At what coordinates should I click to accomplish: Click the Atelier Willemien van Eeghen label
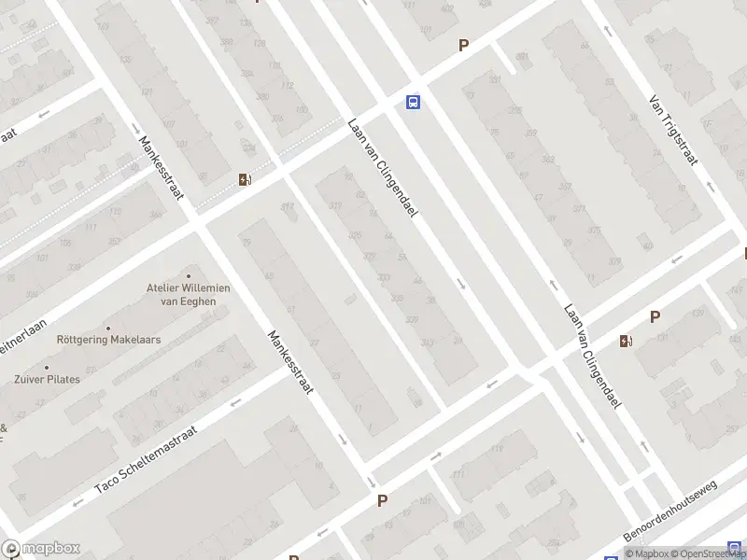click(188, 294)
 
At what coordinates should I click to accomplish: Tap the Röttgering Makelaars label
click(108, 340)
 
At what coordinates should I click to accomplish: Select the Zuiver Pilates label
click(46, 379)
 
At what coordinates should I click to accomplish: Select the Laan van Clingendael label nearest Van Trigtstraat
click(592, 357)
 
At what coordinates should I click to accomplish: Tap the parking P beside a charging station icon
click(655, 316)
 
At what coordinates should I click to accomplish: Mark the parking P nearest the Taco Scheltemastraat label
click(382, 501)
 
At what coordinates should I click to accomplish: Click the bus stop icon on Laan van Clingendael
click(412, 103)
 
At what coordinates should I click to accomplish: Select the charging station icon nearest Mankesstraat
click(245, 180)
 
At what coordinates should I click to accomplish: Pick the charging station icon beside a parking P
click(625, 342)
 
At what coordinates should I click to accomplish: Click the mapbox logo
click(41, 549)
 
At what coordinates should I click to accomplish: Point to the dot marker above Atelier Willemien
click(188, 275)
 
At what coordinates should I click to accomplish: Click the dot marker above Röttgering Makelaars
click(108, 328)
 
